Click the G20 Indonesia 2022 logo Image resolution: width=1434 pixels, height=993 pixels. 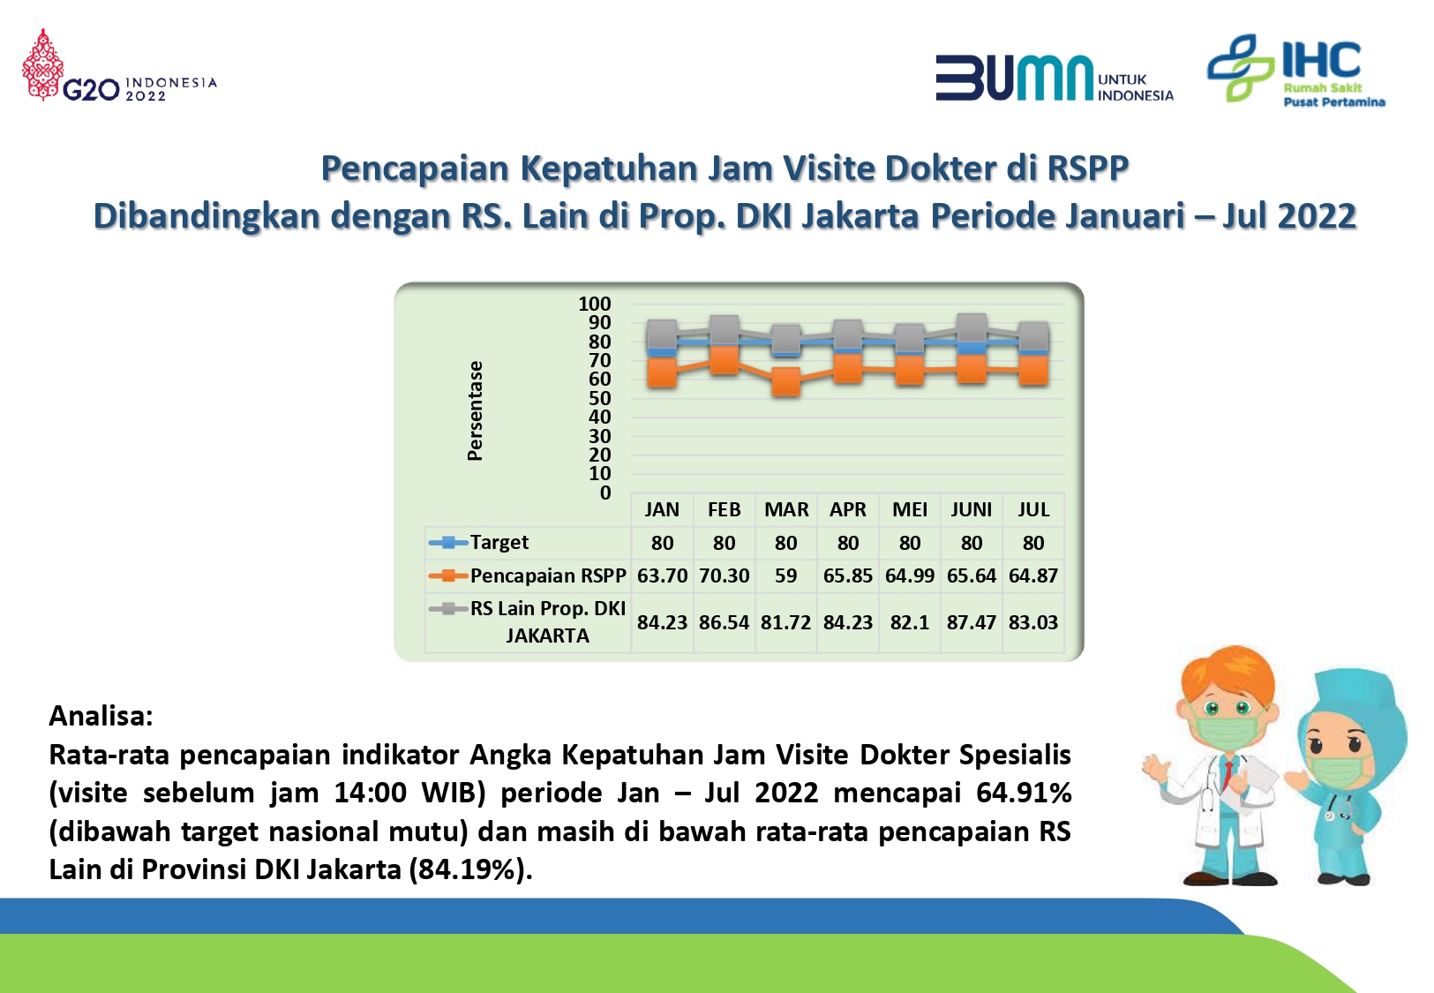click(119, 65)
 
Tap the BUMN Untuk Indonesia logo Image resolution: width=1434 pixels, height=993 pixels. click(1055, 78)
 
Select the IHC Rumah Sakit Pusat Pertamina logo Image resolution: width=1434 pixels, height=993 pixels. click(1296, 69)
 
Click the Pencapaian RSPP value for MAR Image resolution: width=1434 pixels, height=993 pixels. click(785, 575)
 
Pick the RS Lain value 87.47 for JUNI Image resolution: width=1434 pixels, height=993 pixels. click(972, 622)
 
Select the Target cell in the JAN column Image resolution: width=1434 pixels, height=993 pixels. click(662, 543)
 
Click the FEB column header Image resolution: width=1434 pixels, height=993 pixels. click(724, 509)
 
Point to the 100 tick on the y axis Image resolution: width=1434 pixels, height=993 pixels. click(594, 304)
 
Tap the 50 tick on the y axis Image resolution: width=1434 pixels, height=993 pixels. click(600, 398)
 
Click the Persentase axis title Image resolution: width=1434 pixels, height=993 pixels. click(475, 411)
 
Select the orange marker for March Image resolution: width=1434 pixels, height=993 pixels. click(785, 381)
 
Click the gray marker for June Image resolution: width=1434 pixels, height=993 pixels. click(972, 327)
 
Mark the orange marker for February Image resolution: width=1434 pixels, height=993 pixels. click(724, 359)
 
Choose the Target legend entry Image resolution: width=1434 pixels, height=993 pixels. click(479, 542)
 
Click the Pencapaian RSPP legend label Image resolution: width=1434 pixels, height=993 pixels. click(548, 575)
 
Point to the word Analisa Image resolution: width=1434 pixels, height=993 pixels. click(101, 716)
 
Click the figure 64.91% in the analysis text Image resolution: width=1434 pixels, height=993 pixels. click(1024, 793)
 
